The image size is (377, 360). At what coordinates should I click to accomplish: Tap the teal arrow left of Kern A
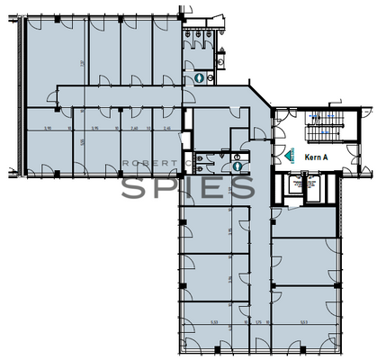pyautogui.click(x=290, y=155)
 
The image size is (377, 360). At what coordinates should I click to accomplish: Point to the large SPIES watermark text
pyautogui.click(x=187, y=188)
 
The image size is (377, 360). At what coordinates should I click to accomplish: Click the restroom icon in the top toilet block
pyautogui.click(x=197, y=78)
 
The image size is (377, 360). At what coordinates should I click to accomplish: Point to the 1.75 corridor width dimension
pyautogui.click(x=257, y=319)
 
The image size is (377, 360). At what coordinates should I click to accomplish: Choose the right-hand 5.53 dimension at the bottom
pyautogui.click(x=304, y=319)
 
